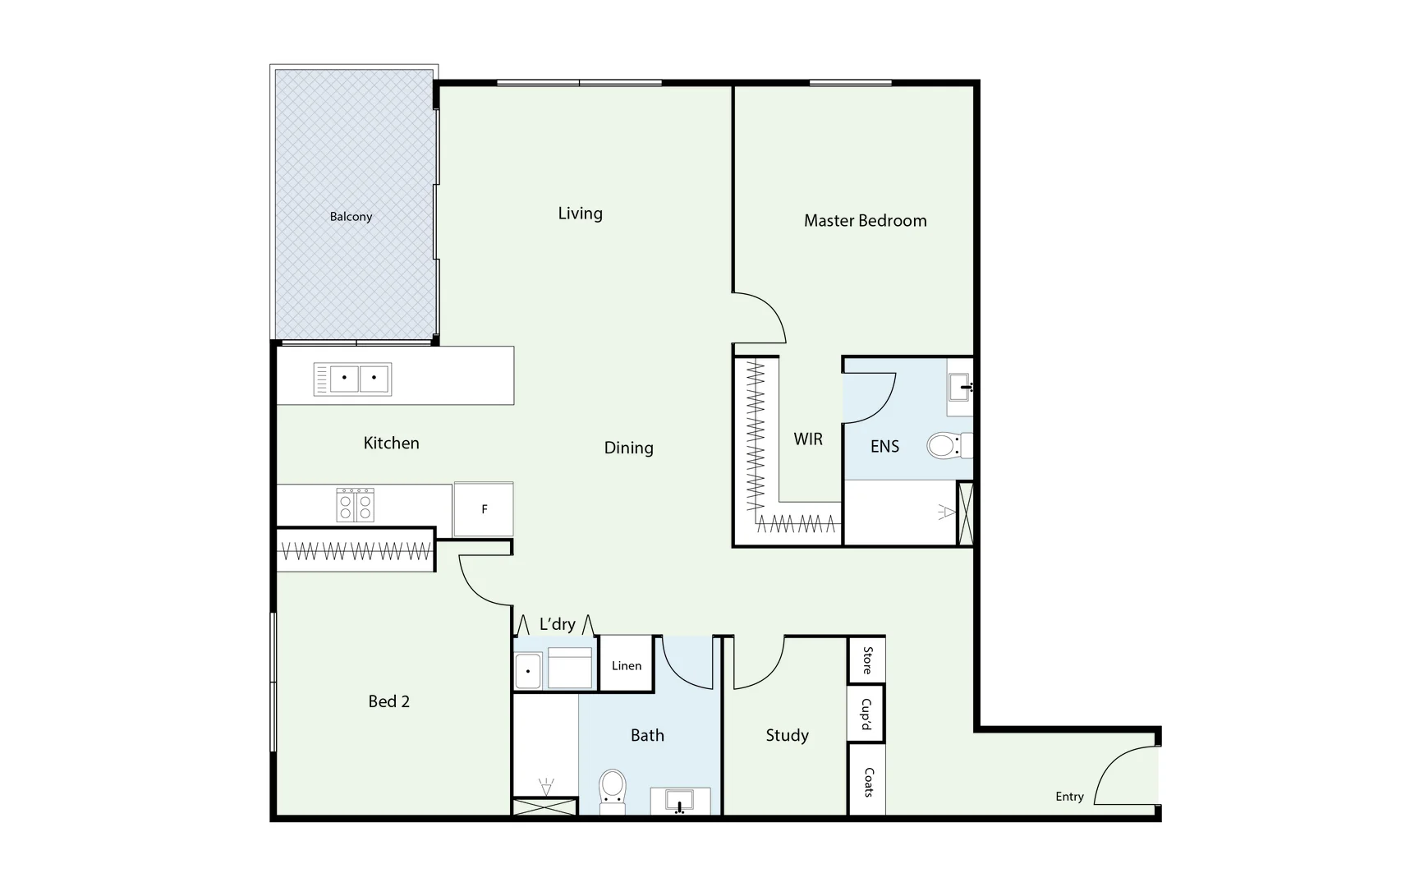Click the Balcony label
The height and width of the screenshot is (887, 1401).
point(351,217)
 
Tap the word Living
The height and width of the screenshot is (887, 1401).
point(580,214)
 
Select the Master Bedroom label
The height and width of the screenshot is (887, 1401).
point(865,220)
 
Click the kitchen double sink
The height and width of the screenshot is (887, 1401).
point(352,379)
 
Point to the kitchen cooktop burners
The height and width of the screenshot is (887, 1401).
point(355,504)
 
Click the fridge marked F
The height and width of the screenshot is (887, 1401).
point(484,509)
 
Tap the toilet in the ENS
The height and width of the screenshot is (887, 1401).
point(946,446)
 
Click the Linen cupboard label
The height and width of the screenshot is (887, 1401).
point(626,665)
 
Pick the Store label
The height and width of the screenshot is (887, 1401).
point(866,660)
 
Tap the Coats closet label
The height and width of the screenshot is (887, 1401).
point(867,781)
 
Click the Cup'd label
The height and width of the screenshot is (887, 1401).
point(866,714)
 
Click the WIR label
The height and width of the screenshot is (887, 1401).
point(807,439)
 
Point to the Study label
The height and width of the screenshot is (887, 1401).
point(787,735)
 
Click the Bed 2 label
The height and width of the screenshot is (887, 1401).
point(388,701)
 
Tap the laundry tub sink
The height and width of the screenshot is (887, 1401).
point(527,670)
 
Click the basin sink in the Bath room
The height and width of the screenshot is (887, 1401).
point(679,800)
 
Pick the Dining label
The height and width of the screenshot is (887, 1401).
point(628,448)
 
